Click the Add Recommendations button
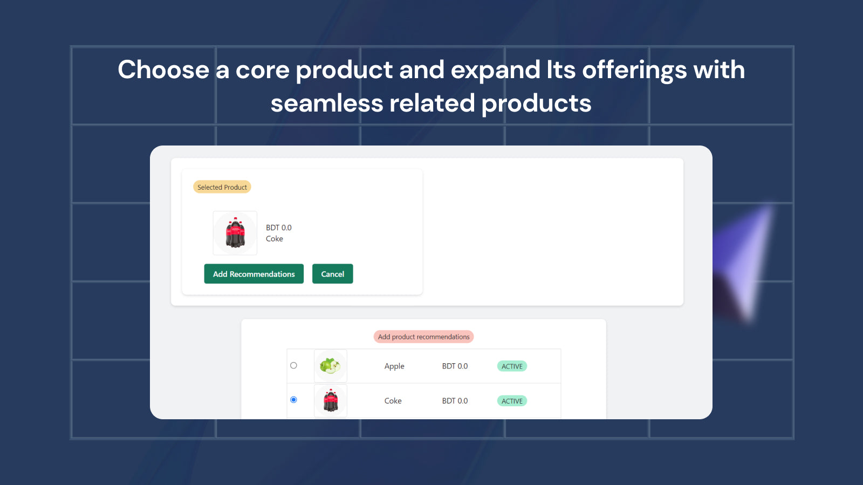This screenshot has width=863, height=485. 254,274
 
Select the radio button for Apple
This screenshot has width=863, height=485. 293,365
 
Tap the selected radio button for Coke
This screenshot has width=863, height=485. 293,400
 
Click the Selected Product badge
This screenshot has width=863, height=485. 222,187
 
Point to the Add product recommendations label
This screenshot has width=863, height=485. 423,337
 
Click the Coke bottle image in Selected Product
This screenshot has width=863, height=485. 235,233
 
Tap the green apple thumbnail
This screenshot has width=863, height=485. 330,366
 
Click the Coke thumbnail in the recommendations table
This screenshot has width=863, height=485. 330,401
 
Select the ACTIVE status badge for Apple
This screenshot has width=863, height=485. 512,366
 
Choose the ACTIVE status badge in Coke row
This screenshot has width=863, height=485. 512,401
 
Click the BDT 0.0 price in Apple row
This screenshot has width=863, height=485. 455,366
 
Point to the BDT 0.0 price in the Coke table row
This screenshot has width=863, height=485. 455,401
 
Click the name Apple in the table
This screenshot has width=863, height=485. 394,366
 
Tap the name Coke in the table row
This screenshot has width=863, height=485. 393,401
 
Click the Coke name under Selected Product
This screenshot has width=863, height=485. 274,239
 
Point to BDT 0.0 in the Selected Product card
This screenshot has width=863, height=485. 278,227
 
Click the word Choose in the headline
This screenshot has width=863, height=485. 163,70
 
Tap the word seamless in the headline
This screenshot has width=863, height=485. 326,103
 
